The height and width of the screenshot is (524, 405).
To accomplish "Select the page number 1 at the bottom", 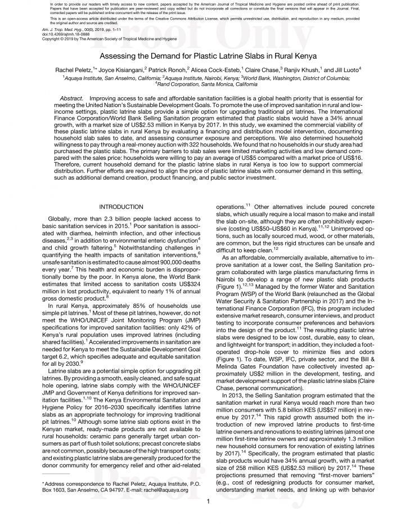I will click(x=208, y=501).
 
